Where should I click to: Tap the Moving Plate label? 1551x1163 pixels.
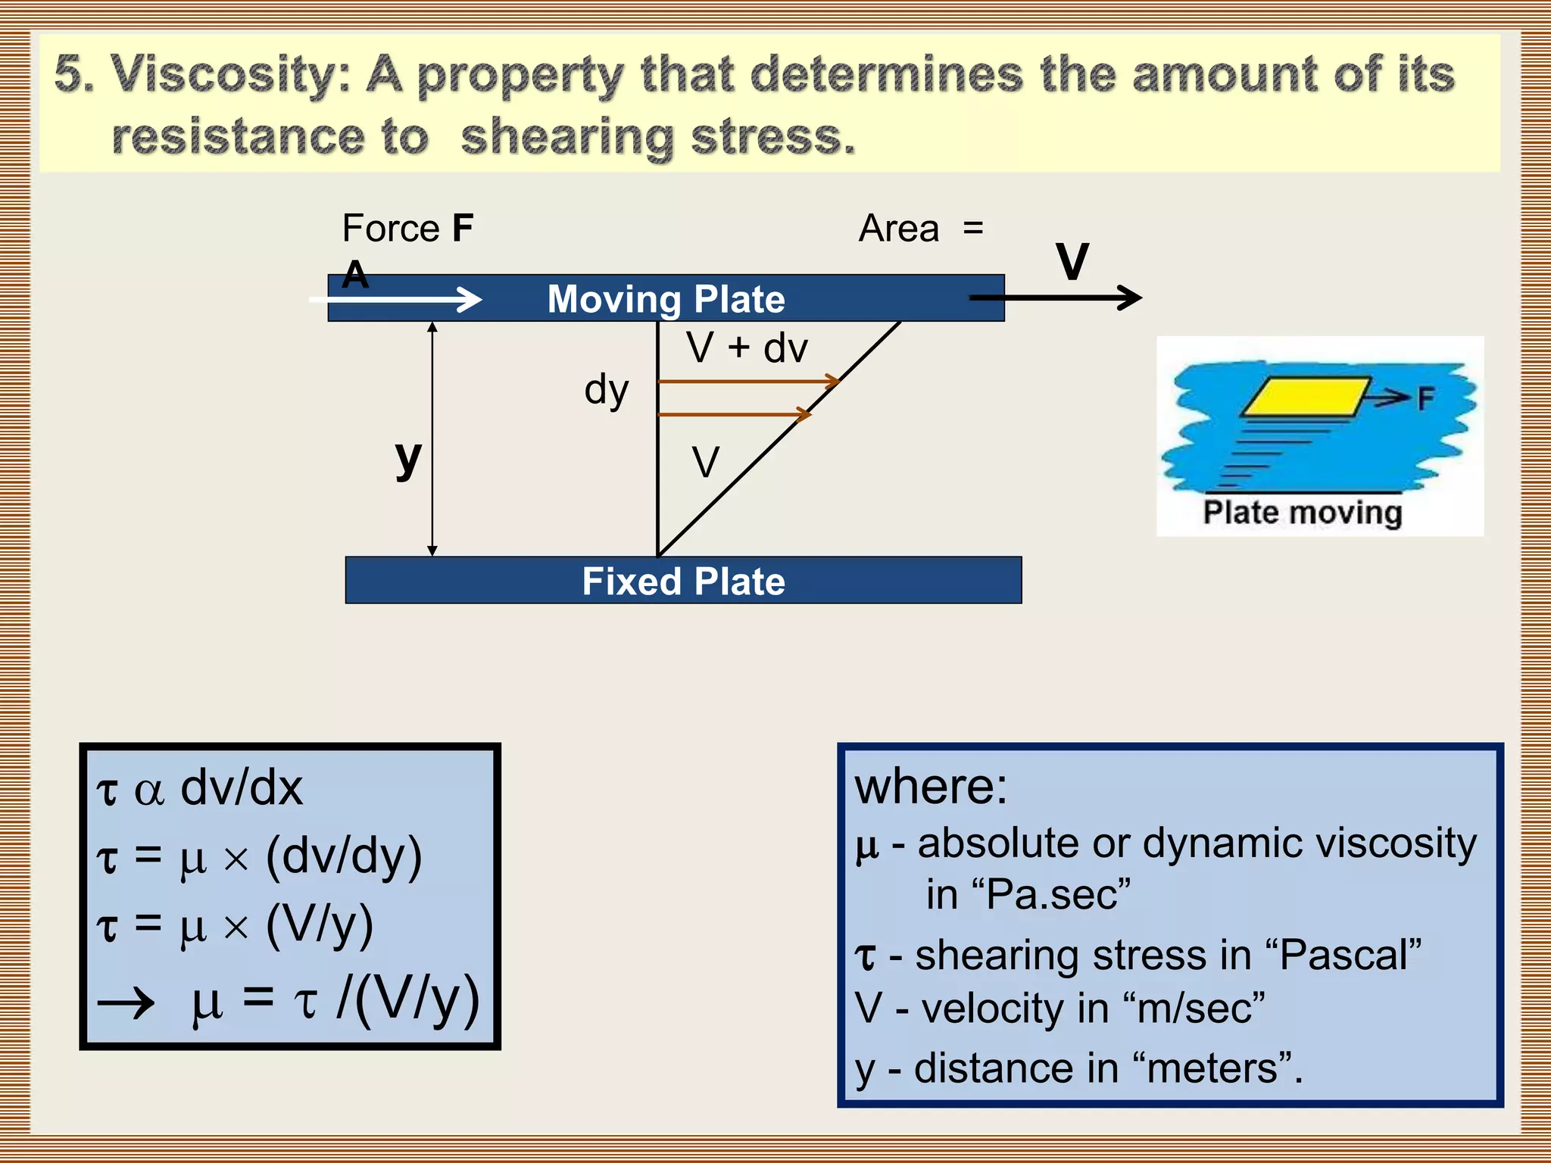666,299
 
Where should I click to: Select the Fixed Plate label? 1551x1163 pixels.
683,581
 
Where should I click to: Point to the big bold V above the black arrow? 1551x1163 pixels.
1072,262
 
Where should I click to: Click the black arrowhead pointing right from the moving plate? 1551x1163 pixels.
1130,298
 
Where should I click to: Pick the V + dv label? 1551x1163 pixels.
747,348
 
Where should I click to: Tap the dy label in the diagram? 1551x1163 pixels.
606,391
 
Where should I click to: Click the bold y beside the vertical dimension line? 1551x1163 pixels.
408,459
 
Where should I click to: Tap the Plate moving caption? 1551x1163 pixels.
1303,513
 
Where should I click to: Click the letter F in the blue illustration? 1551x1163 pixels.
1426,398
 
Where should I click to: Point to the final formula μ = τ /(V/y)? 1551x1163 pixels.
333,999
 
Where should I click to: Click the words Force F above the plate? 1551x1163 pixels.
407,229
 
